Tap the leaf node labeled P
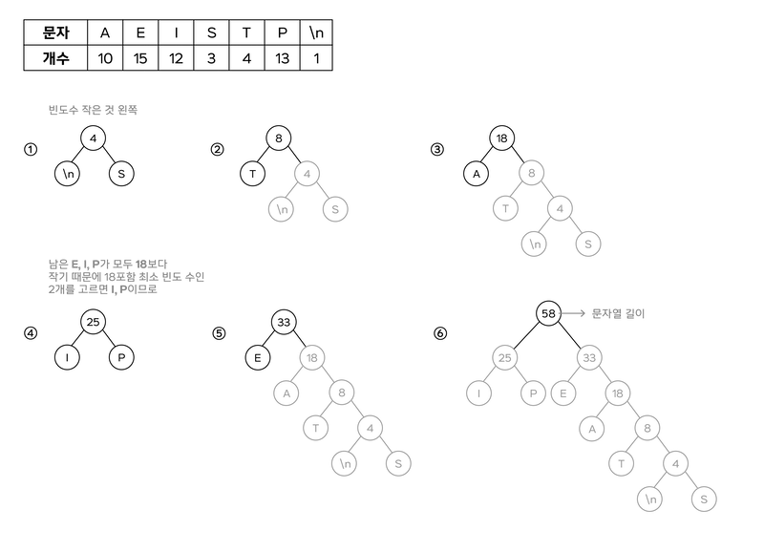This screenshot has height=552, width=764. click(x=532, y=392)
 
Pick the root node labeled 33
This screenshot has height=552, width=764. click(x=589, y=358)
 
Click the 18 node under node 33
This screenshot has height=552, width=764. click(x=618, y=392)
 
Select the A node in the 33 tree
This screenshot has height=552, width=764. click(x=591, y=428)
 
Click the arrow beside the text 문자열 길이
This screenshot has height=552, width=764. click(x=570, y=312)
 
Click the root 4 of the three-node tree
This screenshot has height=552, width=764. click(x=305, y=173)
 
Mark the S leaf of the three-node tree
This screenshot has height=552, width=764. click(x=333, y=207)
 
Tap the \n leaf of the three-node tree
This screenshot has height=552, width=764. click(x=279, y=207)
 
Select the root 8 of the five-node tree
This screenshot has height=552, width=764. click(x=532, y=173)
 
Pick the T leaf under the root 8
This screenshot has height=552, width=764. click(x=503, y=206)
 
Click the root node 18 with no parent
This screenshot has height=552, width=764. click(x=311, y=358)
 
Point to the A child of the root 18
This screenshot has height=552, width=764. click(x=284, y=393)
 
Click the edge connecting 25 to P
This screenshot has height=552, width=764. click(x=519, y=374)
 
